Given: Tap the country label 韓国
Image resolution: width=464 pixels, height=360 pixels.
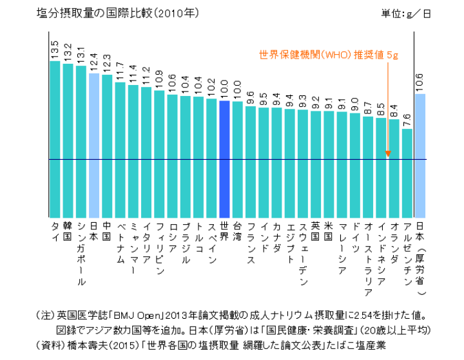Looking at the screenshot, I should tap(68, 232).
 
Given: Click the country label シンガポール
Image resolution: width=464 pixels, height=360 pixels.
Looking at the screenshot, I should tap(81, 254).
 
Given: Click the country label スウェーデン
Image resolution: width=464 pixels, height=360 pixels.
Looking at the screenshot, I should tap(303, 254).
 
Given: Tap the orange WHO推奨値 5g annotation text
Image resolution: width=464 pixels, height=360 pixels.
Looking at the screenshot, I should tap(329, 55).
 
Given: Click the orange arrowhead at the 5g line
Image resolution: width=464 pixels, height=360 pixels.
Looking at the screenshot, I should tap(388, 154).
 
